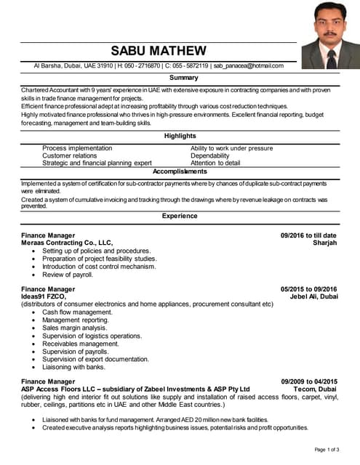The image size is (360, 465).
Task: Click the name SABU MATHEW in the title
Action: point(159,51)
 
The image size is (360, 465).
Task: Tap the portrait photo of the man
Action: point(330,35)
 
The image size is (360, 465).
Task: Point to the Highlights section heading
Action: point(180,136)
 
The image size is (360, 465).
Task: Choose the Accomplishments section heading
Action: point(180,171)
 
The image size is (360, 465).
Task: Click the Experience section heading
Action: point(180,216)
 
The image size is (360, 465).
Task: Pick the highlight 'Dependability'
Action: point(210,155)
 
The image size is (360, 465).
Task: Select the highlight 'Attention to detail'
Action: point(215,163)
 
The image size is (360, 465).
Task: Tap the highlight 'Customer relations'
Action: point(69,155)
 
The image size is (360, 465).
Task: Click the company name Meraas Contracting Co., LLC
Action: point(67,243)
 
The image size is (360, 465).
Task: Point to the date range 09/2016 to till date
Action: point(308,235)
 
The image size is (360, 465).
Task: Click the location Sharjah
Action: point(324,243)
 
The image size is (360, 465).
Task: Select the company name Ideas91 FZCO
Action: point(44,296)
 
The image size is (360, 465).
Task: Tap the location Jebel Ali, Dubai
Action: point(313,296)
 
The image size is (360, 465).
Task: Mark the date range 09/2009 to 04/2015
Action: point(309,381)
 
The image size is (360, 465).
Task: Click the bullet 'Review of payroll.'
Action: point(68,275)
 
